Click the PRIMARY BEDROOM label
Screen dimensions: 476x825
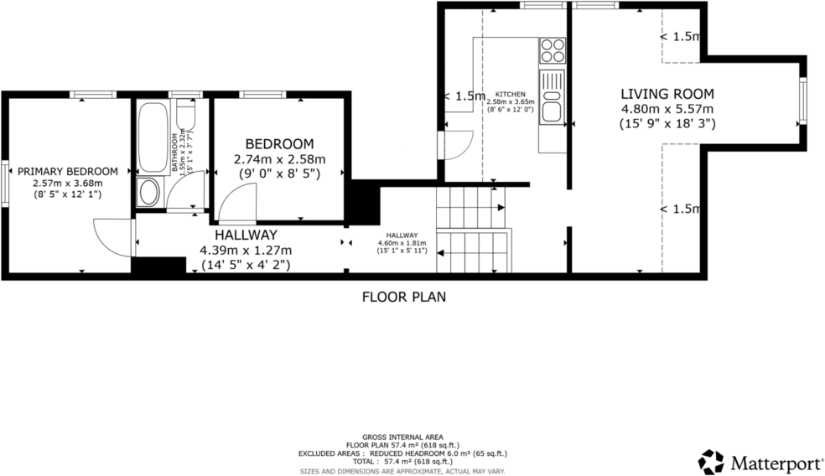click(x=67, y=171)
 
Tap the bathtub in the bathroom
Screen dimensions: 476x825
click(x=152, y=137)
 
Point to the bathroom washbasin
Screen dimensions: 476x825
click(x=149, y=192)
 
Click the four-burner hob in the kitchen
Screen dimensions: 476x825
click(x=552, y=51)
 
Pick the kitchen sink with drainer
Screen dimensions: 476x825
click(x=553, y=97)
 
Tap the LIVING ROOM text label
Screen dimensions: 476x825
click(x=667, y=94)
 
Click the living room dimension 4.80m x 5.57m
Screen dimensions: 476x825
click(x=667, y=109)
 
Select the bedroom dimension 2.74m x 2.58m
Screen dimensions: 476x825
click(x=279, y=159)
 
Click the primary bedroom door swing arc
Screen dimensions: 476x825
click(x=111, y=237)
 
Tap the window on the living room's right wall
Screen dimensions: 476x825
click(x=802, y=101)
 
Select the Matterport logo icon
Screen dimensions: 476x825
click(x=710, y=461)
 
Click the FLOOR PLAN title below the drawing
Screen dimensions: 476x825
click(x=403, y=296)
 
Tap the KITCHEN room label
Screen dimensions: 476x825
click(x=511, y=95)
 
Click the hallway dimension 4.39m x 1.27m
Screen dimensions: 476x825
click(x=245, y=251)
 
